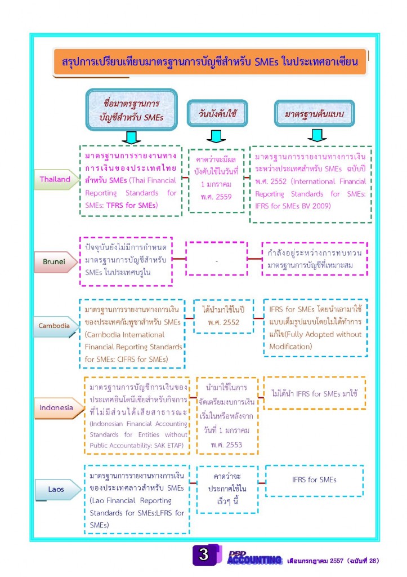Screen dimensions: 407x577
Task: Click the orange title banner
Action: click(x=210, y=62)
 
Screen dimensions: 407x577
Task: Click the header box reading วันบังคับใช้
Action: click(x=217, y=113)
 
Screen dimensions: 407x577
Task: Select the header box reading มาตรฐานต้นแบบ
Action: click(x=314, y=114)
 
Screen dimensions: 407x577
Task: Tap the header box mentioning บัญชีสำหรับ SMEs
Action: click(x=132, y=110)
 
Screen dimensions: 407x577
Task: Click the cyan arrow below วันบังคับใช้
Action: click(x=216, y=136)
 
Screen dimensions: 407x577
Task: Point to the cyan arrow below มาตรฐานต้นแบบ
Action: click(x=317, y=135)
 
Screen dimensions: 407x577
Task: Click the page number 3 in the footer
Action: click(x=204, y=554)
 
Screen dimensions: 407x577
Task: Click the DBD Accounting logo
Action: click(x=254, y=558)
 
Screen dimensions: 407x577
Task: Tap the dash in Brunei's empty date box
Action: click(x=217, y=261)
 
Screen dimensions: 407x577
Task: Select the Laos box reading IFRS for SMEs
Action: click(x=314, y=481)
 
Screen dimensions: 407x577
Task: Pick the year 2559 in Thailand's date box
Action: click(x=223, y=197)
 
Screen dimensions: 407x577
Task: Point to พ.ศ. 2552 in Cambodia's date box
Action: click(x=223, y=322)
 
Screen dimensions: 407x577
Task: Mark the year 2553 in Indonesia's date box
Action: click(x=234, y=445)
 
